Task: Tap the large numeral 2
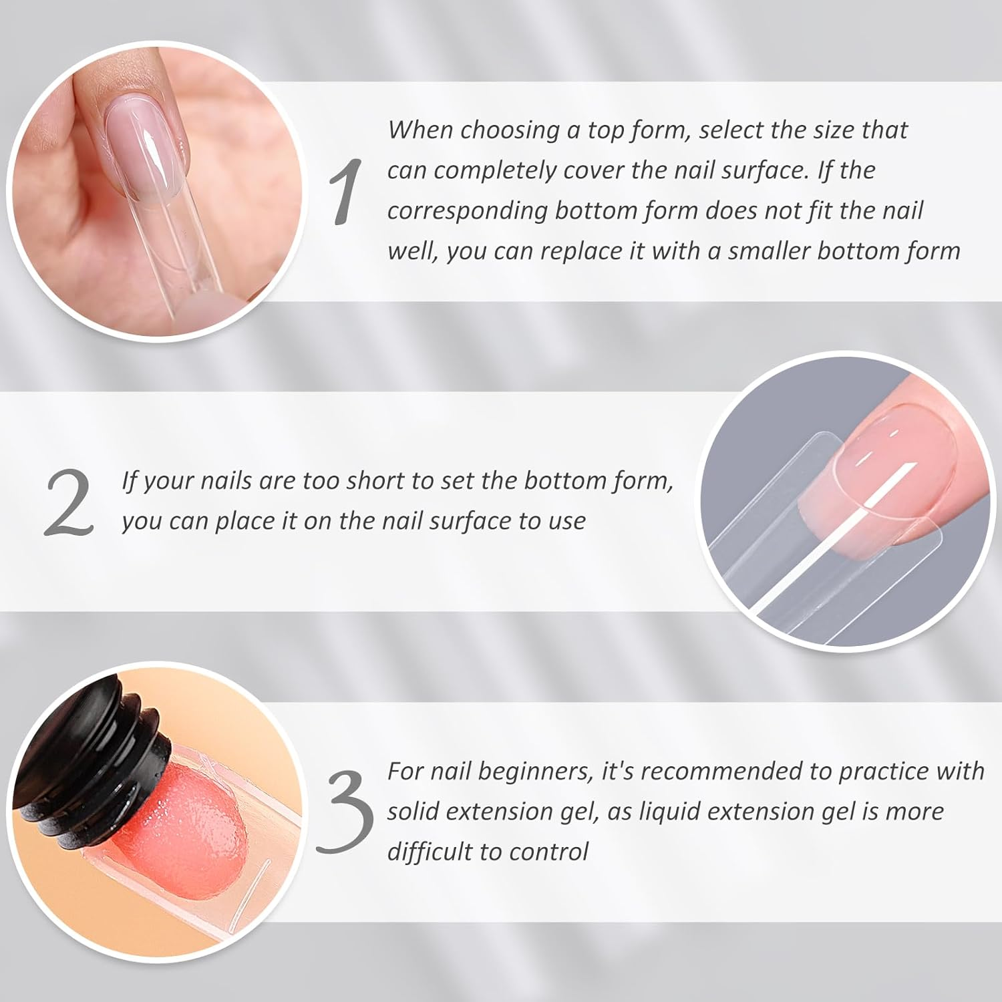click(69, 502)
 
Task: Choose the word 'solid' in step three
click(412, 812)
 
